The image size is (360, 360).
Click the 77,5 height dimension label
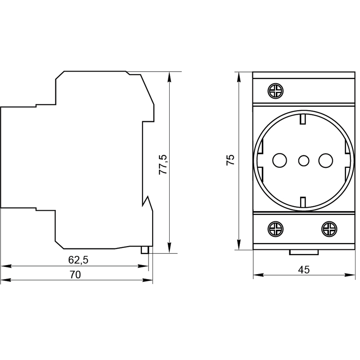tap(163, 165)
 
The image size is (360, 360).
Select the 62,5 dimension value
tap(78, 260)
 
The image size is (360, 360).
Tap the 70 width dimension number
tap(75, 274)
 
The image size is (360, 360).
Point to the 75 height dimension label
tap(230, 160)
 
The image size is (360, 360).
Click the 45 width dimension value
tap(304, 270)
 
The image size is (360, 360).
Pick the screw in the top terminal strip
tap(275, 91)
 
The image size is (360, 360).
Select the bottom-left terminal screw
tap(275, 229)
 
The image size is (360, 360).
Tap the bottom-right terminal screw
tap(329, 229)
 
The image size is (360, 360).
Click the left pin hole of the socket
tap(279, 160)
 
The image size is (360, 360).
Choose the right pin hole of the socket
tap(326, 160)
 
